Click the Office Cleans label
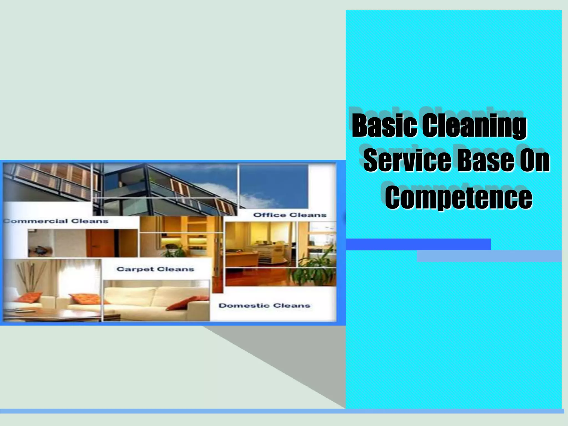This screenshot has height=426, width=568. pos(290,215)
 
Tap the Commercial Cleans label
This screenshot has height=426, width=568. pos(55,221)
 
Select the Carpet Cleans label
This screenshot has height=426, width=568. pos(155,269)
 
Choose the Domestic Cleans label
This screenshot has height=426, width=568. pos(264,306)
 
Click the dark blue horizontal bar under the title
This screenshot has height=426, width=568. pos(418,244)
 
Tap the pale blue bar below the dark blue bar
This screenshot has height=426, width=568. pos(489,256)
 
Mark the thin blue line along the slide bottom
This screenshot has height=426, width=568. pos(282,411)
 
